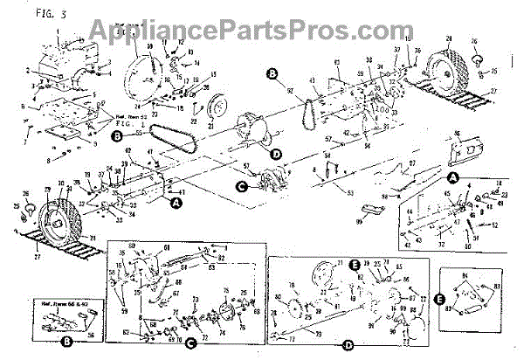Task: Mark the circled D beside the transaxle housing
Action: tap(276, 154)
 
